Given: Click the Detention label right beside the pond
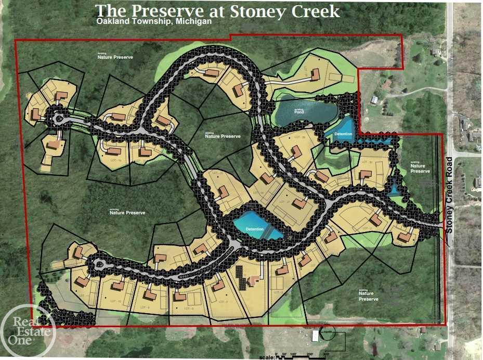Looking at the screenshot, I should click(343, 134).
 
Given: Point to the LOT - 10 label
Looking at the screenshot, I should click(116, 302).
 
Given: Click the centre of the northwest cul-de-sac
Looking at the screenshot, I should click(59, 119).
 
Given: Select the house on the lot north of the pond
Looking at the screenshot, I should click(315, 76).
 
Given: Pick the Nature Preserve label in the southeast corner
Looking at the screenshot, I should click(368, 297).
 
